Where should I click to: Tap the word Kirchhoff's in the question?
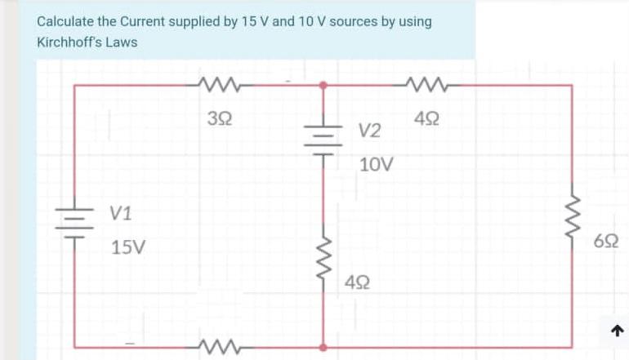[69, 42]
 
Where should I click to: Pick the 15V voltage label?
[127, 247]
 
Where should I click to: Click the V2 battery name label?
[370, 131]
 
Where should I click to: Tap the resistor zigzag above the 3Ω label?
[216, 83]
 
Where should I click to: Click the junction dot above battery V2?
[323, 84]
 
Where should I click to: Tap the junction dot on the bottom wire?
[323, 347]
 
